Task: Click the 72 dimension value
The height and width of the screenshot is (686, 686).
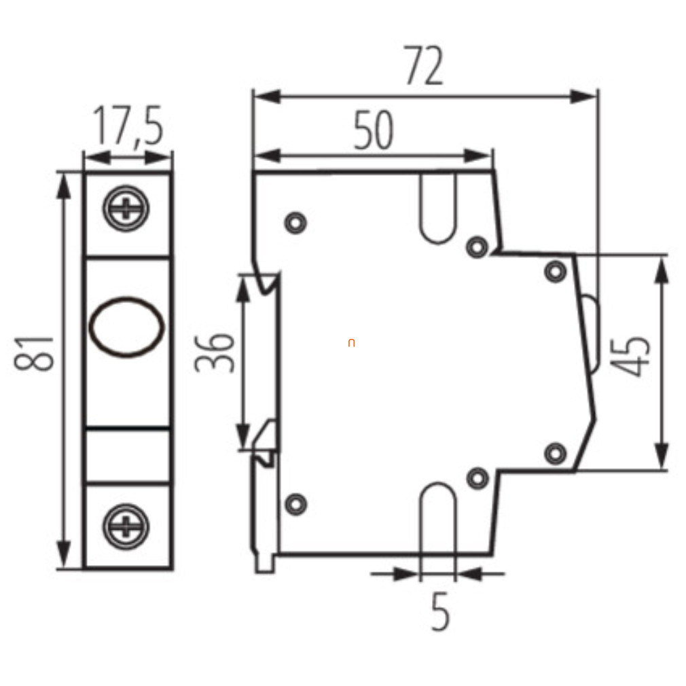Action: tap(424, 65)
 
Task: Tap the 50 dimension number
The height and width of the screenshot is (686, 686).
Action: tap(373, 130)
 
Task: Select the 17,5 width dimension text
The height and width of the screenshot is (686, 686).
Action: tap(128, 126)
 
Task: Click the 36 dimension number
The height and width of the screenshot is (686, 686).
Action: tap(215, 353)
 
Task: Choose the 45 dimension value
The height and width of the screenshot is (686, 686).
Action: tap(630, 356)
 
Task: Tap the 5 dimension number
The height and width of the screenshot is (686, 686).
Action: tap(440, 611)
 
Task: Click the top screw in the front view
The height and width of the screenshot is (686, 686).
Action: tap(126, 209)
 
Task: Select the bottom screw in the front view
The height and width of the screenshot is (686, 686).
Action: tap(126, 526)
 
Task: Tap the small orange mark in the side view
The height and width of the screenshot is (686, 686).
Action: tap(351, 343)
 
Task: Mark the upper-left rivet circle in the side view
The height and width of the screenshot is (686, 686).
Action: tap(295, 223)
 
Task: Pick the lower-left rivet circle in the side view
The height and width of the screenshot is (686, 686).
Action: tap(295, 504)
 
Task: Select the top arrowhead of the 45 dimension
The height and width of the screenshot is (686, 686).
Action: tap(662, 270)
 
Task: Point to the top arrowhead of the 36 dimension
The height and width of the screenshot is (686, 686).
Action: tap(242, 289)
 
